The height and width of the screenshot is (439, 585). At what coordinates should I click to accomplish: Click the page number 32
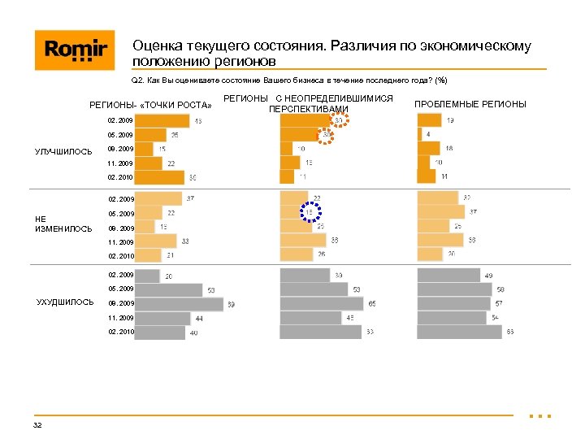(37, 426)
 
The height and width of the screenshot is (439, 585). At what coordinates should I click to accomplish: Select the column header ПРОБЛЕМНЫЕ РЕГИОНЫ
(470, 104)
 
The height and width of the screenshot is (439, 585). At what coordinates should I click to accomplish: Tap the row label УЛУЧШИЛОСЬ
(63, 150)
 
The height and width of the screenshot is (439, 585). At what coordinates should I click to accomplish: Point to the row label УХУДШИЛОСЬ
(65, 302)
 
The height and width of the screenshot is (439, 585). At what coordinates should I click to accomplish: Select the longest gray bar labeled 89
(179, 304)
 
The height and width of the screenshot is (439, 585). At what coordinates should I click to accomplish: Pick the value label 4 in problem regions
(428, 134)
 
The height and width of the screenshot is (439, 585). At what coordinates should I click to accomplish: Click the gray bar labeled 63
(459, 333)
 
